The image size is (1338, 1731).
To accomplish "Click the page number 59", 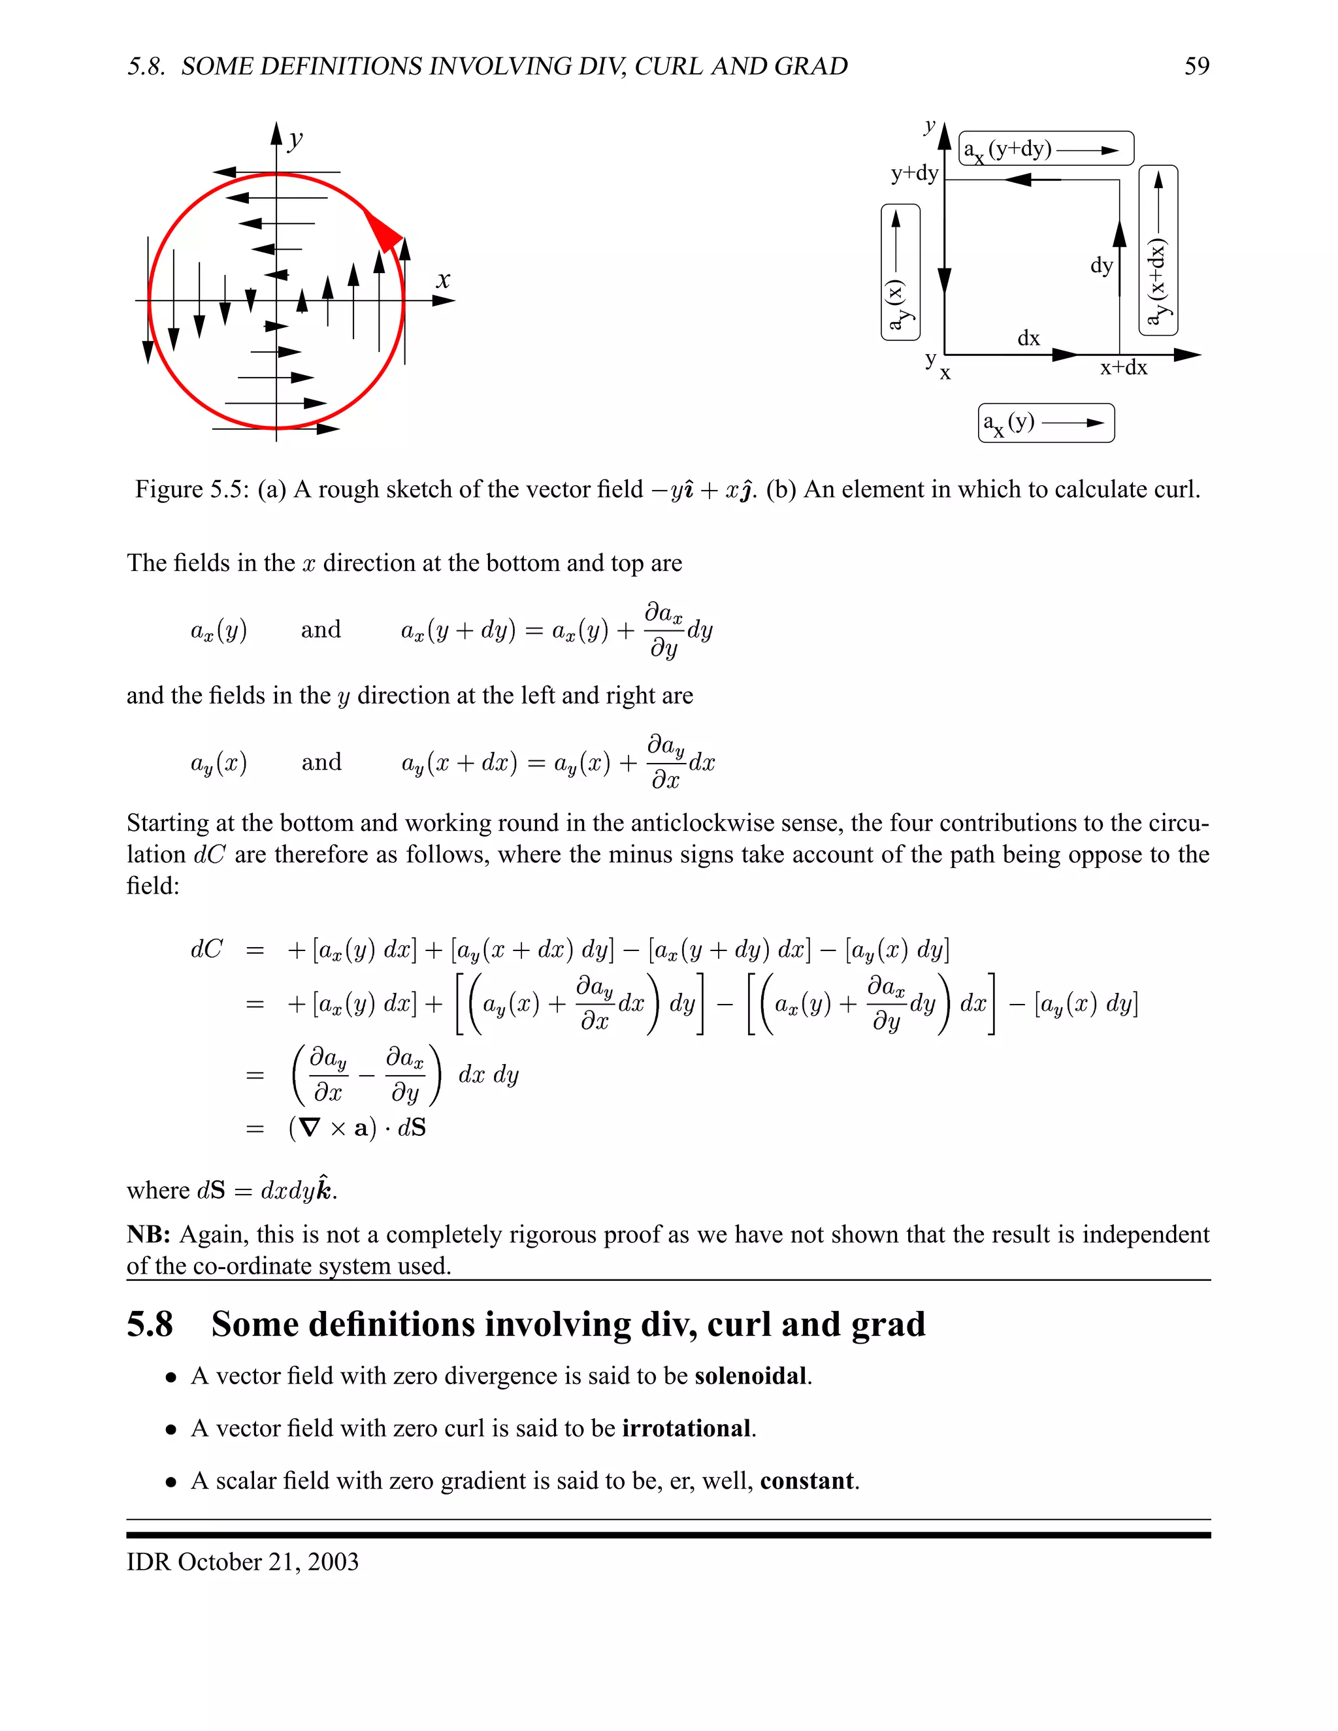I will pos(1196,66).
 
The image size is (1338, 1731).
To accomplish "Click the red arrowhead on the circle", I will pos(384,231).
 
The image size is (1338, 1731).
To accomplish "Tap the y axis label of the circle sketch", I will pos(296,140).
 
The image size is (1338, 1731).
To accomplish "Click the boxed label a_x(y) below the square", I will pos(1045,423).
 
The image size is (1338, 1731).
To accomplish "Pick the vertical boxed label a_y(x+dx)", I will pos(1158,250).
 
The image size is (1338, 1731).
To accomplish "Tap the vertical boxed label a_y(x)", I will pos(900,272).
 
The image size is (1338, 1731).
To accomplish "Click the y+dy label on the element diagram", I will pos(914,174).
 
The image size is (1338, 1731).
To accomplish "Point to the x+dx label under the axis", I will pos(1123,368).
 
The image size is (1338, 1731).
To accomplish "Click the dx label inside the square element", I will pos(1028,338).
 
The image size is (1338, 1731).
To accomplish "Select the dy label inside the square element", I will pos(1101,265).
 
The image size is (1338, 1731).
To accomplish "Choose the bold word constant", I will pos(807,1481).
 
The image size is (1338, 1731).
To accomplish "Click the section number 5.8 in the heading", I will pos(150,1325).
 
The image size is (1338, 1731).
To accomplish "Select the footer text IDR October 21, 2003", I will pos(242,1561).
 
